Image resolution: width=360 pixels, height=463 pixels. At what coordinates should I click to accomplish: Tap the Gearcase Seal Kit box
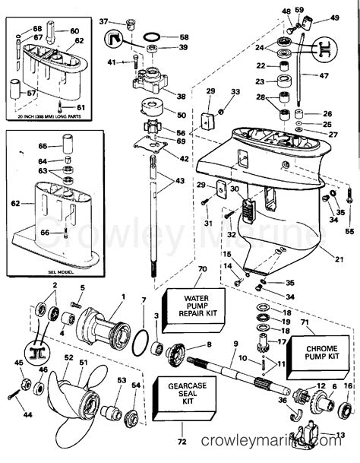tap(180, 395)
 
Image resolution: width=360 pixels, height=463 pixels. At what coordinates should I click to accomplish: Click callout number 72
tap(180, 441)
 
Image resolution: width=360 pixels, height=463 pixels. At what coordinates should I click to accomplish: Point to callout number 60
tap(74, 31)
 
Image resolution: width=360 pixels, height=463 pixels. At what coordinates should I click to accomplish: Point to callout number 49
tap(334, 17)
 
